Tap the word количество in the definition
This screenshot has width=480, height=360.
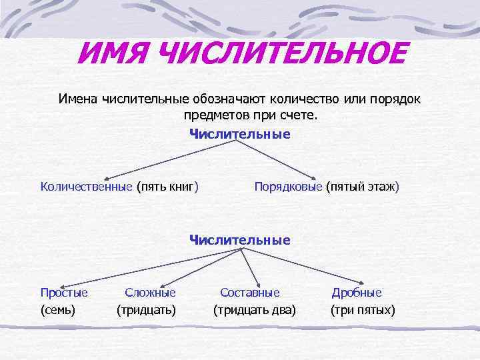tap(304, 99)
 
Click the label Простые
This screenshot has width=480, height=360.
tap(64, 292)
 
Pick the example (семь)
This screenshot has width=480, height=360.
tap(58, 309)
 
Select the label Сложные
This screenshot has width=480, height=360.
tap(150, 292)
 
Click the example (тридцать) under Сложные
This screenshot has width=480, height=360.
tap(147, 309)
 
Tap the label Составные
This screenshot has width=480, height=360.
tap(250, 292)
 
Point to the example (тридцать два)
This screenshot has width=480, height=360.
tap(255, 309)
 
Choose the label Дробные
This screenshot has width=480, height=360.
tap(357, 292)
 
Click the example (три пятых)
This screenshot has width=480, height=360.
tap(363, 309)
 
